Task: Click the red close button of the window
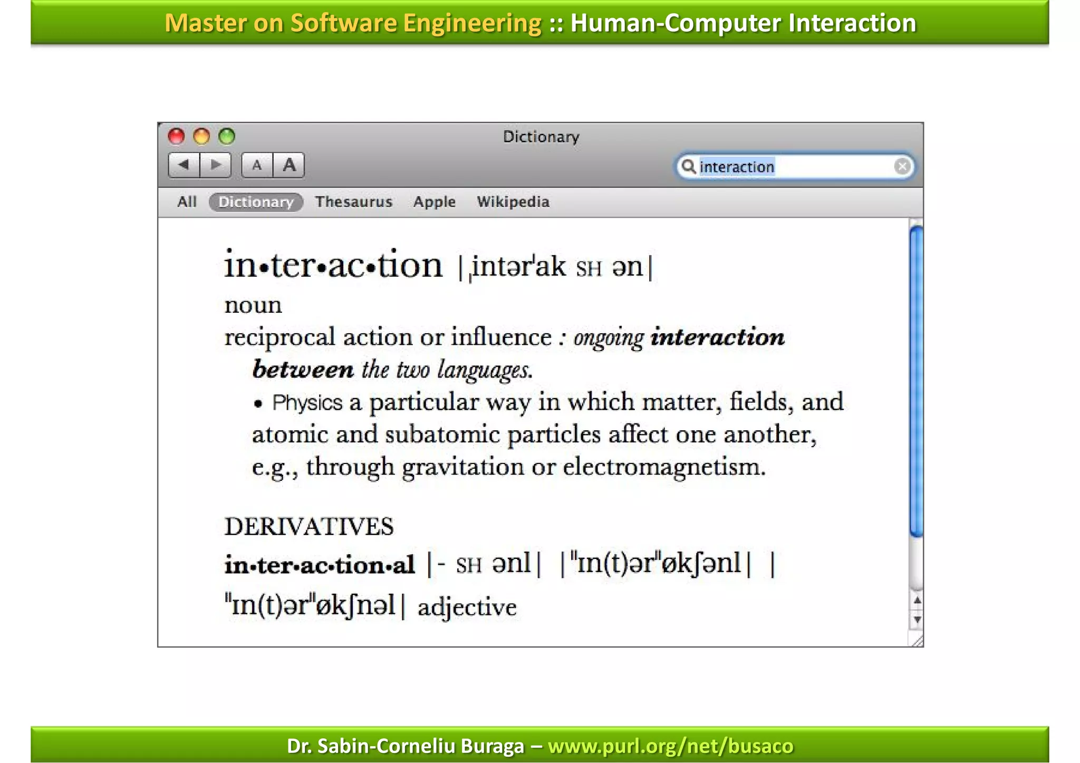pyautogui.click(x=176, y=137)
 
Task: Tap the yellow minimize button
pyautogui.click(x=201, y=137)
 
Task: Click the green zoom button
pyautogui.click(x=227, y=137)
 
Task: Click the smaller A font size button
pyautogui.click(x=257, y=166)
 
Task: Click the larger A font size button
pyautogui.click(x=289, y=166)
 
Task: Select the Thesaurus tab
pyautogui.click(x=353, y=202)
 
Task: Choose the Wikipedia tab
pyautogui.click(x=513, y=202)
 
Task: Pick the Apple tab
pyautogui.click(x=434, y=202)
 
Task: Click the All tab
pyautogui.click(x=187, y=202)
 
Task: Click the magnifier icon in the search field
pyautogui.click(x=688, y=167)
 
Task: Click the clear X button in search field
pyautogui.click(x=902, y=167)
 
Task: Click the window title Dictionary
pyautogui.click(x=541, y=137)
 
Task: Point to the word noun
pyautogui.click(x=253, y=306)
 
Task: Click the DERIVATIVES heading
pyautogui.click(x=309, y=527)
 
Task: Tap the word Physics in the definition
pyautogui.click(x=307, y=403)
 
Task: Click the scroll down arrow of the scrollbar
pyautogui.click(x=917, y=620)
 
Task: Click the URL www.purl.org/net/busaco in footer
pyautogui.click(x=670, y=746)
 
